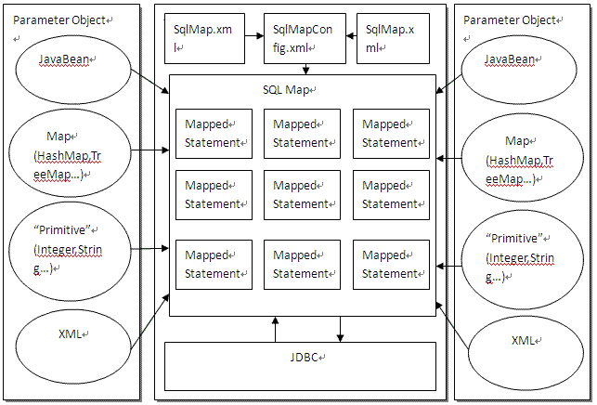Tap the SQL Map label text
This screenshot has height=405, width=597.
pyautogui.click(x=289, y=89)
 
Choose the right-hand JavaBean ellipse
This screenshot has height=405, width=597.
pyautogui.click(x=521, y=68)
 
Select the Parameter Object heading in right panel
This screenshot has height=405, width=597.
pyautogui.click(x=510, y=20)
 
